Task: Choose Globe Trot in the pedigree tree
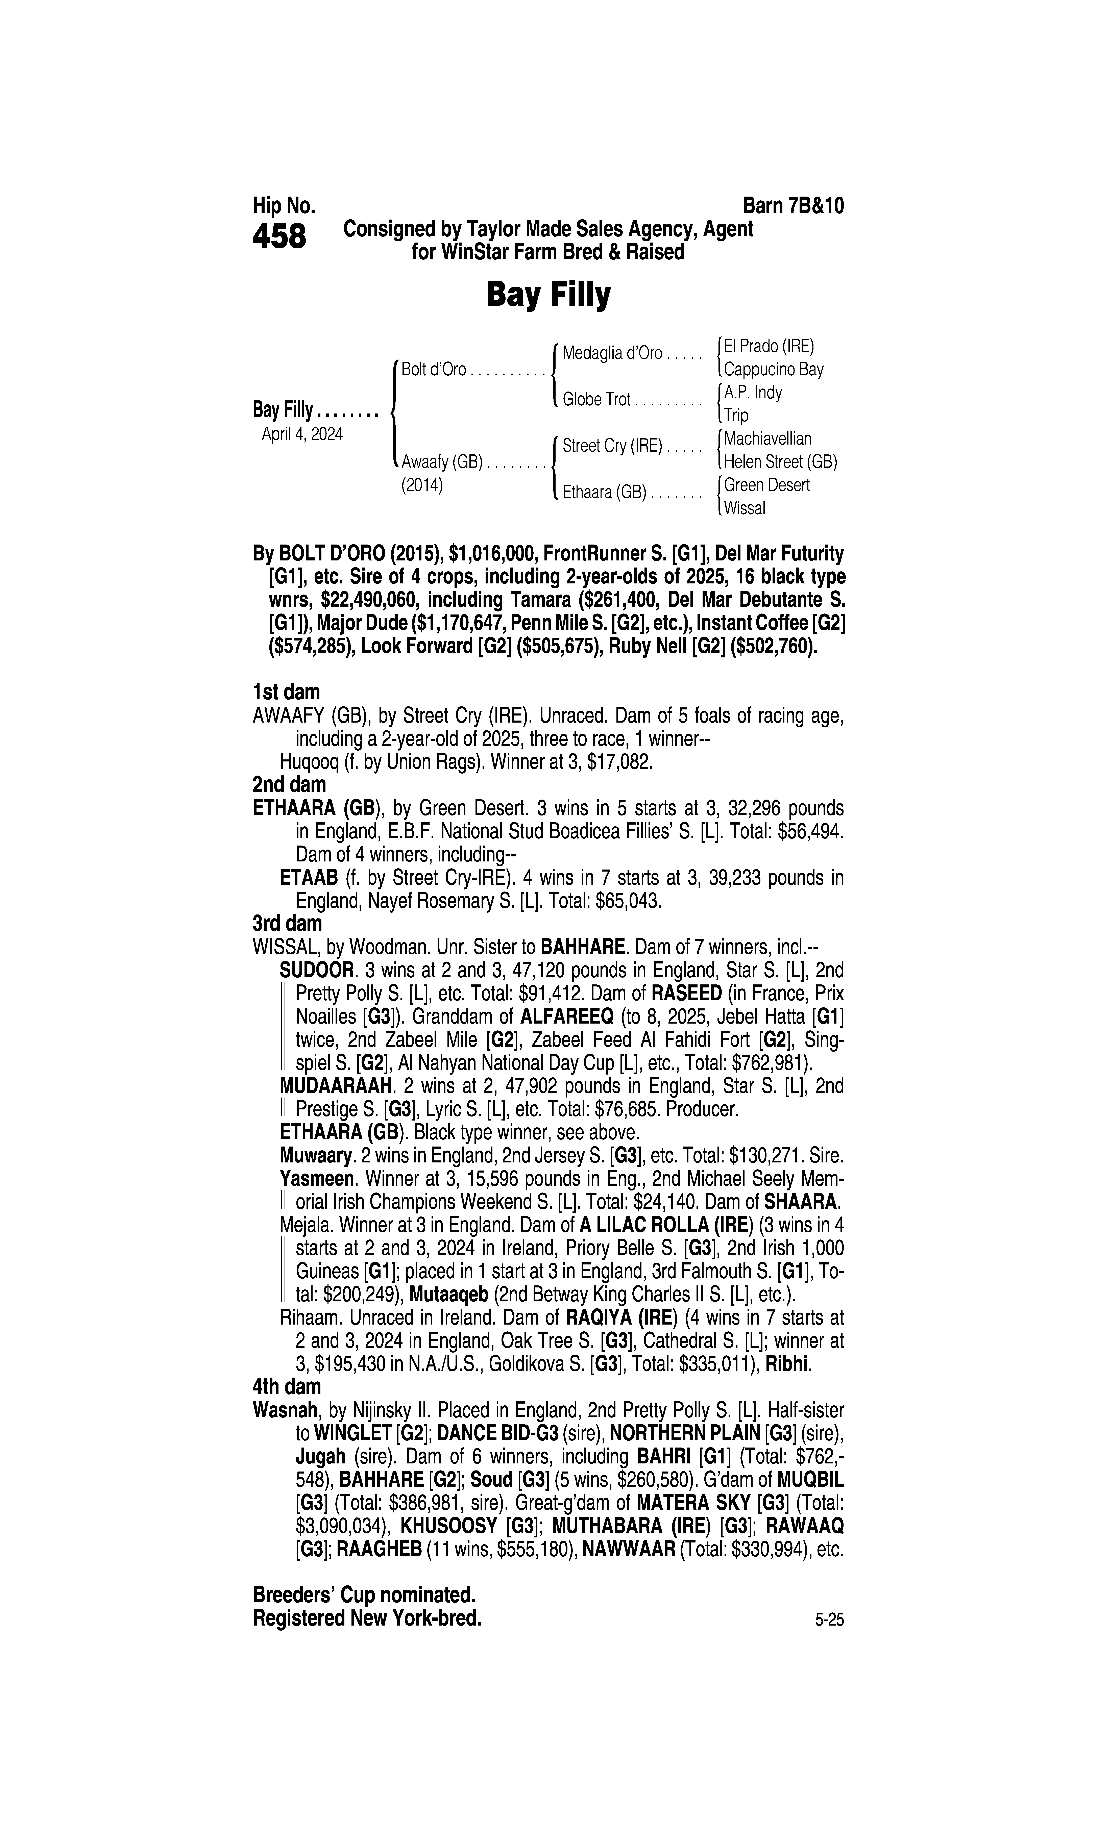pyautogui.click(x=596, y=400)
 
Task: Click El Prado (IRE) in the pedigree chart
pyautogui.click(x=769, y=346)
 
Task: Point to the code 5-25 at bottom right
pyautogui.click(x=829, y=1621)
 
